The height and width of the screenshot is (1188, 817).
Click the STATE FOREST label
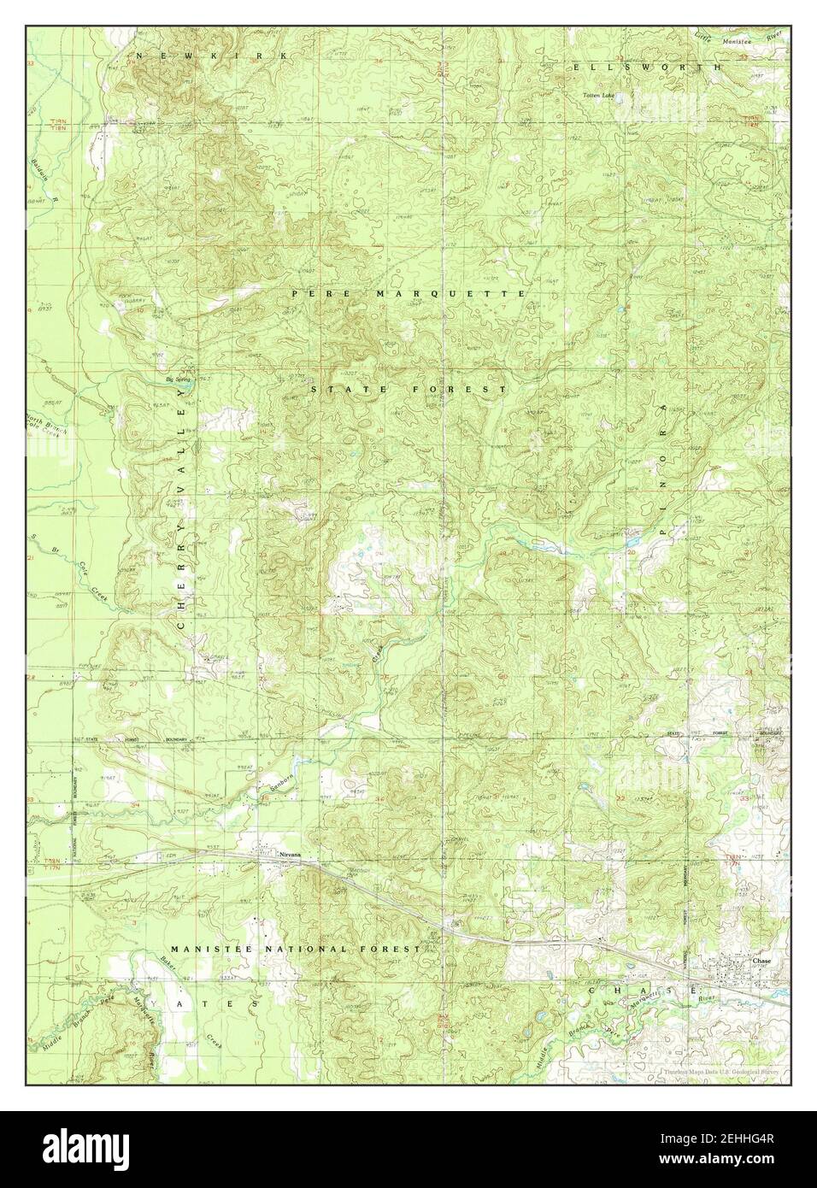coord(408,389)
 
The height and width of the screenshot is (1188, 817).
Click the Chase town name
coord(761,961)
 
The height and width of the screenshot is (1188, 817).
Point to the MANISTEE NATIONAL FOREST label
coord(295,949)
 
